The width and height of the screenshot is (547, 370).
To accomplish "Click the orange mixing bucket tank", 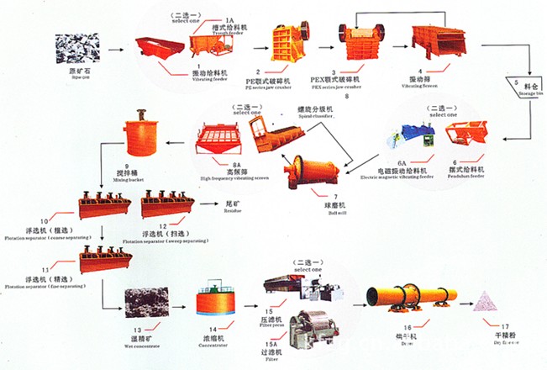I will point(138,138).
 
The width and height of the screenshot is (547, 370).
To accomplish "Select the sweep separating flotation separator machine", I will point(167,203).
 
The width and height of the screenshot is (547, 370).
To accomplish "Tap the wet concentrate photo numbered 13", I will point(146,304).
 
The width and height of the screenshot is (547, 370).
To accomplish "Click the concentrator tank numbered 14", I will point(215,301).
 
